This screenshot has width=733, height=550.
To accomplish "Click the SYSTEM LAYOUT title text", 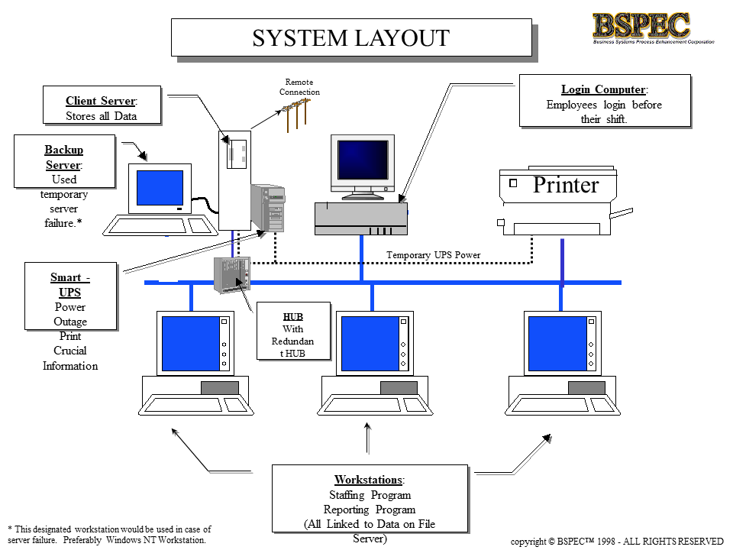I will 350,37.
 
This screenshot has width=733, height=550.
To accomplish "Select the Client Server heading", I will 101,101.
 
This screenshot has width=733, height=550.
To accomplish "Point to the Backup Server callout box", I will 64,162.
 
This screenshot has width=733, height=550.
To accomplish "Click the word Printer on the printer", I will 566,185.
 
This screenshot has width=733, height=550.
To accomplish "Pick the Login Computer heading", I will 604,89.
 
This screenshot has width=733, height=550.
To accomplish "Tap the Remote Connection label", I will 299,87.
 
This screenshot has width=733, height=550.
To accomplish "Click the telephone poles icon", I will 295,115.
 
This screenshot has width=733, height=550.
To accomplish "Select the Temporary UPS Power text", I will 433,255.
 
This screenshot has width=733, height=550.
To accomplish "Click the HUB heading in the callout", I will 293,315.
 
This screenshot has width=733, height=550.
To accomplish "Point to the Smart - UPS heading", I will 70,285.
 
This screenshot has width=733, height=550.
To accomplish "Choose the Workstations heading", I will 370,480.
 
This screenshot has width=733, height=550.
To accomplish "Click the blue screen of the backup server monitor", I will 160,188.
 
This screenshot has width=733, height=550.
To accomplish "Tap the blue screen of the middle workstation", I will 370,343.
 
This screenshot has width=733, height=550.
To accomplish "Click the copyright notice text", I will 616,541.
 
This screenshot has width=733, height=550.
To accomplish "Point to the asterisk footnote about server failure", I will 109,534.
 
